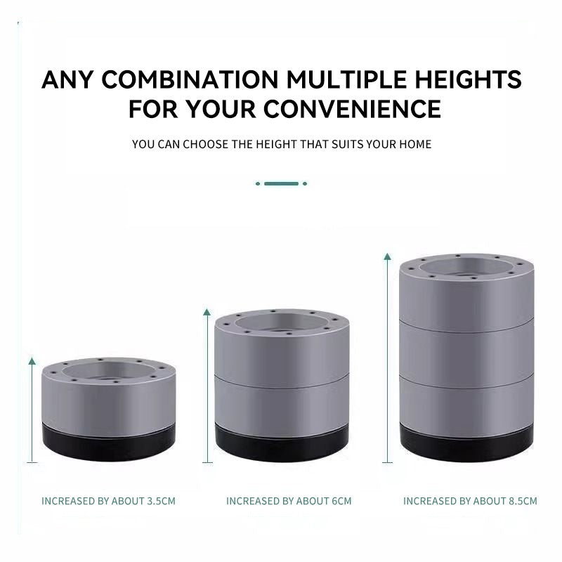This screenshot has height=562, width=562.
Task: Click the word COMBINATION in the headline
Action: [190, 79]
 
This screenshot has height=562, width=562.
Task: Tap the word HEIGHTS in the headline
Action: [468, 79]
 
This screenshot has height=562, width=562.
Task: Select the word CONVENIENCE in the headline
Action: [353, 109]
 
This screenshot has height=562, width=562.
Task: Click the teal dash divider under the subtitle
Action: [282, 183]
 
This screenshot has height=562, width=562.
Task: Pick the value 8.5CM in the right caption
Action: [523, 501]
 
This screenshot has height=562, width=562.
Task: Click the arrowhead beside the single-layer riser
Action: [32, 361]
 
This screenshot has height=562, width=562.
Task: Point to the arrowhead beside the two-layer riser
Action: [207, 312]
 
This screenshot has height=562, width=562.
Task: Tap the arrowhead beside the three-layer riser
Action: [388, 256]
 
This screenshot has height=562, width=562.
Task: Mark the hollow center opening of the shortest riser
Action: [108, 373]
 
